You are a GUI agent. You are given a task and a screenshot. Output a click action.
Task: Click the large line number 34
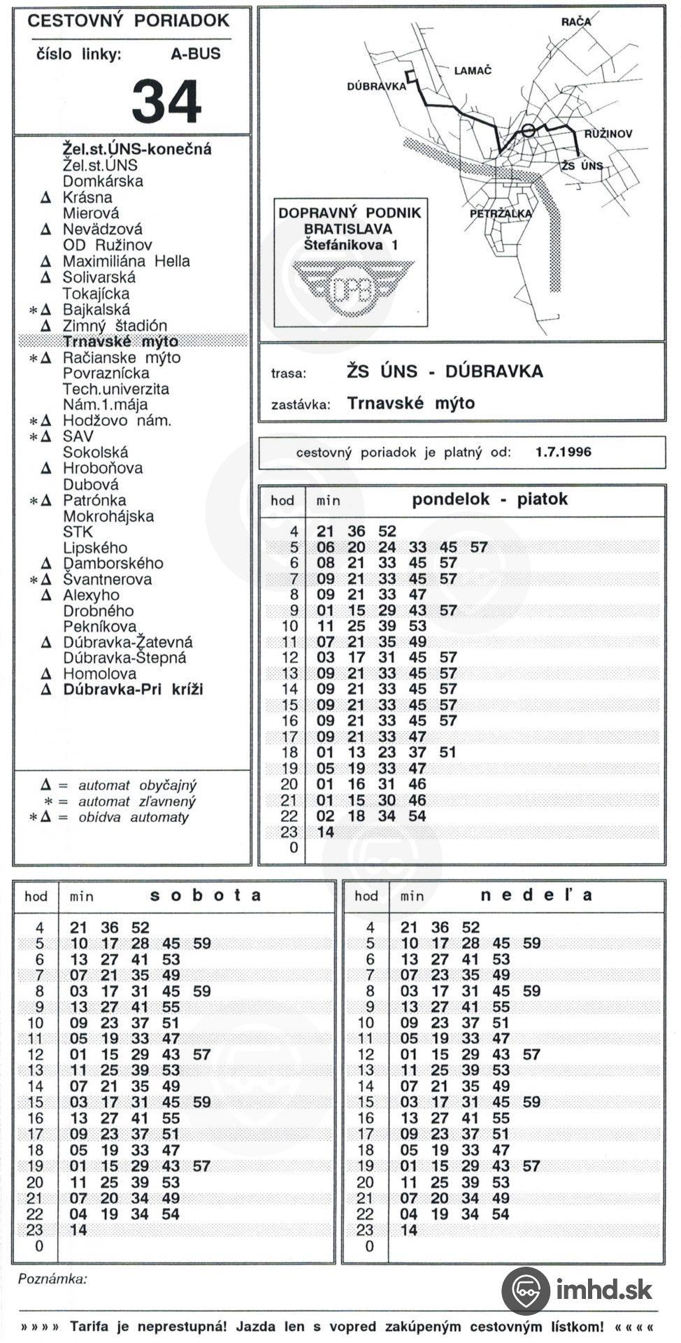166,101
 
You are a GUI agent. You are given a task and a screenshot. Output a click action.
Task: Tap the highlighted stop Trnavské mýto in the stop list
120,341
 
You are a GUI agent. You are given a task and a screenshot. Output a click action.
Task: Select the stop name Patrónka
94,500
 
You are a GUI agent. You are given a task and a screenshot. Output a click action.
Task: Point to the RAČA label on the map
575,22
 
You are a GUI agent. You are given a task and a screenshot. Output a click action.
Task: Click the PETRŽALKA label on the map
501,213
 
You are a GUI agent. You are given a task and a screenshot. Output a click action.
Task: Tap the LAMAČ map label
473,71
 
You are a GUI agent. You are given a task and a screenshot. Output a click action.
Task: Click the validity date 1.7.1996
563,452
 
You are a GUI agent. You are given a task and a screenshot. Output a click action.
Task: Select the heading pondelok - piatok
489,499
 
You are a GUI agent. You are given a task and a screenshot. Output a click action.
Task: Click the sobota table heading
206,895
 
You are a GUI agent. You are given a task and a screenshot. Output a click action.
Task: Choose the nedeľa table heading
536,895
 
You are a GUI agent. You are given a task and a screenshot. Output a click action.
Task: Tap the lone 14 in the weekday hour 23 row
326,832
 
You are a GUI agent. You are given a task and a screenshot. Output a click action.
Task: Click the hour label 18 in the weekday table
289,753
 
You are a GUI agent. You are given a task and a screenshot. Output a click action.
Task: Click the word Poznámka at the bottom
52,1279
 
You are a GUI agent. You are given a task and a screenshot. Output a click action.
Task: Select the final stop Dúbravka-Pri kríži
133,690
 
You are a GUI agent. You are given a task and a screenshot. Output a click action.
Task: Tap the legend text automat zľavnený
136,802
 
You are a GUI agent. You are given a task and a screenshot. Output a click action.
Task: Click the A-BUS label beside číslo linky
195,54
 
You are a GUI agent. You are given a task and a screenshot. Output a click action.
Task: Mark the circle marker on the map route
528,130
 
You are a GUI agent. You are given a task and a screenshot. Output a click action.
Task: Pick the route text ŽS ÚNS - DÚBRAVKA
445,371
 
